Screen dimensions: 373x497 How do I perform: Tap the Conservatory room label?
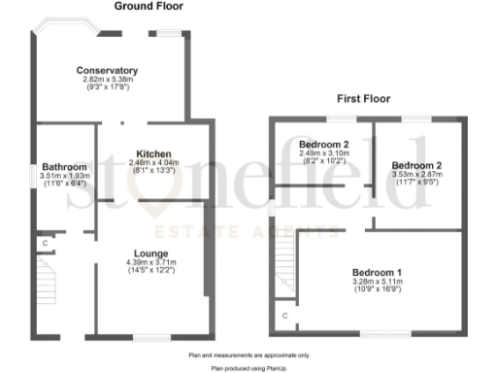pos(108,70)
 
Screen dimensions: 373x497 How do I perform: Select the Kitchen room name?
pos(154,154)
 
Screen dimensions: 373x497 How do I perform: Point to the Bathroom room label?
pos(59,166)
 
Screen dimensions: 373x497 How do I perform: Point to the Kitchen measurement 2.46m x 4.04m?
pos(154,163)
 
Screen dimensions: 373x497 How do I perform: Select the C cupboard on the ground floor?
pos(45,241)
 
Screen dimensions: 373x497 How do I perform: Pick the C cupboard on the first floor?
pos(284,316)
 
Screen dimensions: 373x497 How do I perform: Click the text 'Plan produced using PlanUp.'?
pos(248,369)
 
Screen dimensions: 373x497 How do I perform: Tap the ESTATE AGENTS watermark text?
pos(248,231)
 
